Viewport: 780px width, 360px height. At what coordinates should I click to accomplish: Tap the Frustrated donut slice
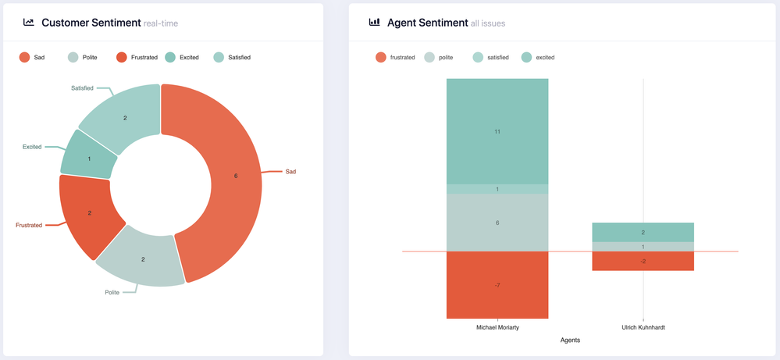click(89, 212)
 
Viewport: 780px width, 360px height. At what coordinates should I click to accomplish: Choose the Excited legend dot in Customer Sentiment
click(171, 57)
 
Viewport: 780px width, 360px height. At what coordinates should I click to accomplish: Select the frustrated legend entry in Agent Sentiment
click(394, 57)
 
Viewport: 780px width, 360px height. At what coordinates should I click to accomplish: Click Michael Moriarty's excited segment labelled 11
click(497, 131)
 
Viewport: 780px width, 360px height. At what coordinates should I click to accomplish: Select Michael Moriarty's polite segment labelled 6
click(497, 223)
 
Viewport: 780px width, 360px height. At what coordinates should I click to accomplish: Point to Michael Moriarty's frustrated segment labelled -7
click(497, 285)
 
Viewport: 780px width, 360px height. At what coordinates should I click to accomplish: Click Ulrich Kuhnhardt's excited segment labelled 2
click(643, 232)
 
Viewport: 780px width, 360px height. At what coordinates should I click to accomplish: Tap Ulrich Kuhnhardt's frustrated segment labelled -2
click(643, 261)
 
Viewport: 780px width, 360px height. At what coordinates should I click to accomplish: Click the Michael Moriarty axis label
click(497, 327)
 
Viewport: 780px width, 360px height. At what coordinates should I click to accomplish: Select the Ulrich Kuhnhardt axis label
click(643, 327)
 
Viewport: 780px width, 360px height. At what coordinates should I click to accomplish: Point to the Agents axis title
click(570, 340)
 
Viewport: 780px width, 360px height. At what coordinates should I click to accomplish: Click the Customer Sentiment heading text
click(91, 23)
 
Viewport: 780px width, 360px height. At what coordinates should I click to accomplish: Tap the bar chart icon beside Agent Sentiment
click(374, 23)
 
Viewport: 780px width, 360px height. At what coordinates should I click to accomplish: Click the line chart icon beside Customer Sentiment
click(29, 23)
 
